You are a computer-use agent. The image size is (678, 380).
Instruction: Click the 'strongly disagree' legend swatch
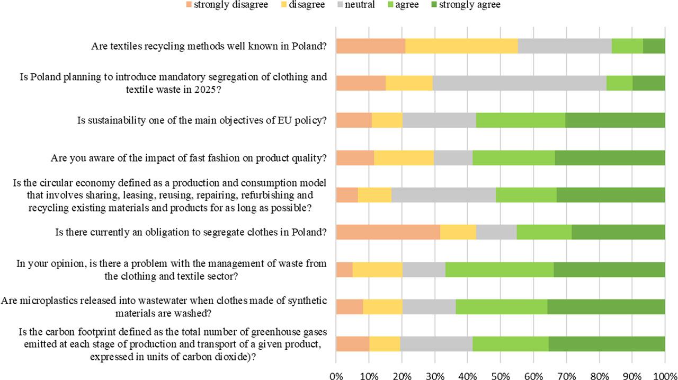pos(188,5)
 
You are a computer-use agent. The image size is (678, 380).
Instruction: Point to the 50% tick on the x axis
pos(501,375)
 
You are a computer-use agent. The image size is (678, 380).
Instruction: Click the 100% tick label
pos(665,375)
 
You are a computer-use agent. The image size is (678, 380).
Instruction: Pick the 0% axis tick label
pos(336,375)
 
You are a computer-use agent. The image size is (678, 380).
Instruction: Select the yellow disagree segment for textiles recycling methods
pos(461,46)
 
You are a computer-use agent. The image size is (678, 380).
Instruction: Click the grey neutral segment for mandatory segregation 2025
pos(520,83)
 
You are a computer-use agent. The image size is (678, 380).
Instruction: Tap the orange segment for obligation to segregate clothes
pos(388,232)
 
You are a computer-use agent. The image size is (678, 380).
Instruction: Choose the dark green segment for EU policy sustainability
pos(615,120)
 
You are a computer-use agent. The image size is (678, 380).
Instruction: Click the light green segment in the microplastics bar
pos(502,307)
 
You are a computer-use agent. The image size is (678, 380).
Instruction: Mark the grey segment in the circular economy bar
pos(443,195)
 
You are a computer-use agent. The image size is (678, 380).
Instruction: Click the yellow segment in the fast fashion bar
pos(404,158)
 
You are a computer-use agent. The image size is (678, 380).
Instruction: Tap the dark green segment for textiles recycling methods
pos(654,46)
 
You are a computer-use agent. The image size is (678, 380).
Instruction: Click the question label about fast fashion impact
pos(188,158)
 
